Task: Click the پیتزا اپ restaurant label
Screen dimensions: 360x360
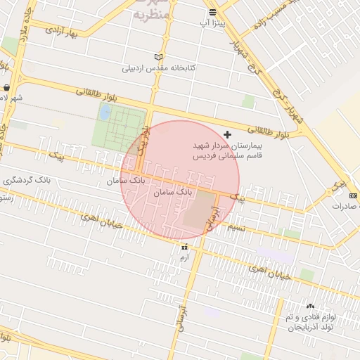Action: click(x=212, y=23)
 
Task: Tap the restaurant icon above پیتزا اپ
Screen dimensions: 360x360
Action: click(x=212, y=12)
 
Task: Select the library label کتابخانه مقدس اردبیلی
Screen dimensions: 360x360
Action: click(x=159, y=68)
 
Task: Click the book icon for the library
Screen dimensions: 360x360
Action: click(x=159, y=57)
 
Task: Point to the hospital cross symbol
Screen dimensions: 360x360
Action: click(x=226, y=134)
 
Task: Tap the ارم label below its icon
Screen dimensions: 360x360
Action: click(x=184, y=258)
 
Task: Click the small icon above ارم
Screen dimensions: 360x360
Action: click(x=184, y=247)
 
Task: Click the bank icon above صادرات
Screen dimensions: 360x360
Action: click(x=353, y=194)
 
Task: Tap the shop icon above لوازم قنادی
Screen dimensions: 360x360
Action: click(x=311, y=306)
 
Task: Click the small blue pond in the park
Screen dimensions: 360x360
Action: click(x=105, y=112)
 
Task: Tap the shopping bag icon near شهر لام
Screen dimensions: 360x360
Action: click(x=6, y=88)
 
